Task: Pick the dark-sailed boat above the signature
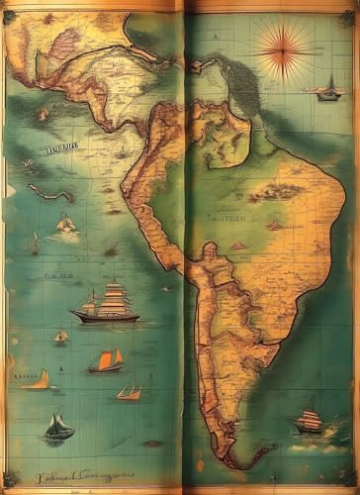coord(58,428)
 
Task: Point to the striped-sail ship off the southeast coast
coord(309,422)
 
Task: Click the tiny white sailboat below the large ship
coord(61,337)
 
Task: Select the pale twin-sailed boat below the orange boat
coord(129,393)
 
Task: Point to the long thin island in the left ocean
coord(49,191)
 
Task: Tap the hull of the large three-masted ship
coord(105,317)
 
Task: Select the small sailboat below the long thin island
coord(65,226)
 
